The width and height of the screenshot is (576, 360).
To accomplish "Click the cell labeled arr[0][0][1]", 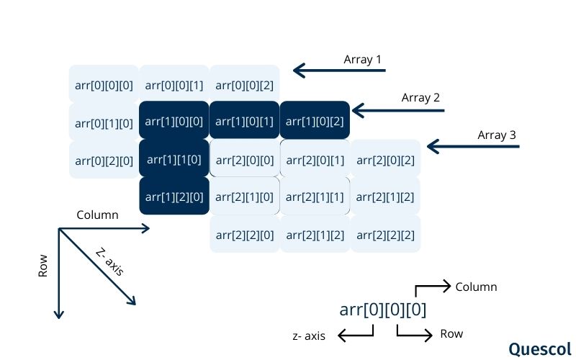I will tap(174, 85).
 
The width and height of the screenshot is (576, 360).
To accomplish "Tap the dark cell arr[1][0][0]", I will tap(174, 120).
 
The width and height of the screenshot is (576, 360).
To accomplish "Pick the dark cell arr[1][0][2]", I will tap(315, 120).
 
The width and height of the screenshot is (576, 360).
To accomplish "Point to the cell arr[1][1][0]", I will tap(174, 158).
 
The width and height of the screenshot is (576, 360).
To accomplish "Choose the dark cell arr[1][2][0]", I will tap(174, 196).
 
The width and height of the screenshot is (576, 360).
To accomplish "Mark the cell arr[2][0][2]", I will tap(385, 158).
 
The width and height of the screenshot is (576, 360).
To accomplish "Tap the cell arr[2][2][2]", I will tap(385, 234).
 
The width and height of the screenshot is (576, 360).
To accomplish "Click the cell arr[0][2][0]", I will tap(104, 158).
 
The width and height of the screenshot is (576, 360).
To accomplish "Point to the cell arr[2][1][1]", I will tap(315, 196).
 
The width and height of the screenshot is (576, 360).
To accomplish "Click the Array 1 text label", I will tap(362, 60).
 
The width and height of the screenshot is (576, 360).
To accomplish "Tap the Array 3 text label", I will tap(497, 135).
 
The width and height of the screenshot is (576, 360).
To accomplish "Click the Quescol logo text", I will tap(539, 348).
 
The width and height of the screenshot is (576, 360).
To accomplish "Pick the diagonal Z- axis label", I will tap(109, 261).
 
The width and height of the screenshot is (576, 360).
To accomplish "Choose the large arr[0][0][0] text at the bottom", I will tap(383, 310).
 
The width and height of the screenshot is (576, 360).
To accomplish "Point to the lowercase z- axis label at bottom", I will tap(309, 336).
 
